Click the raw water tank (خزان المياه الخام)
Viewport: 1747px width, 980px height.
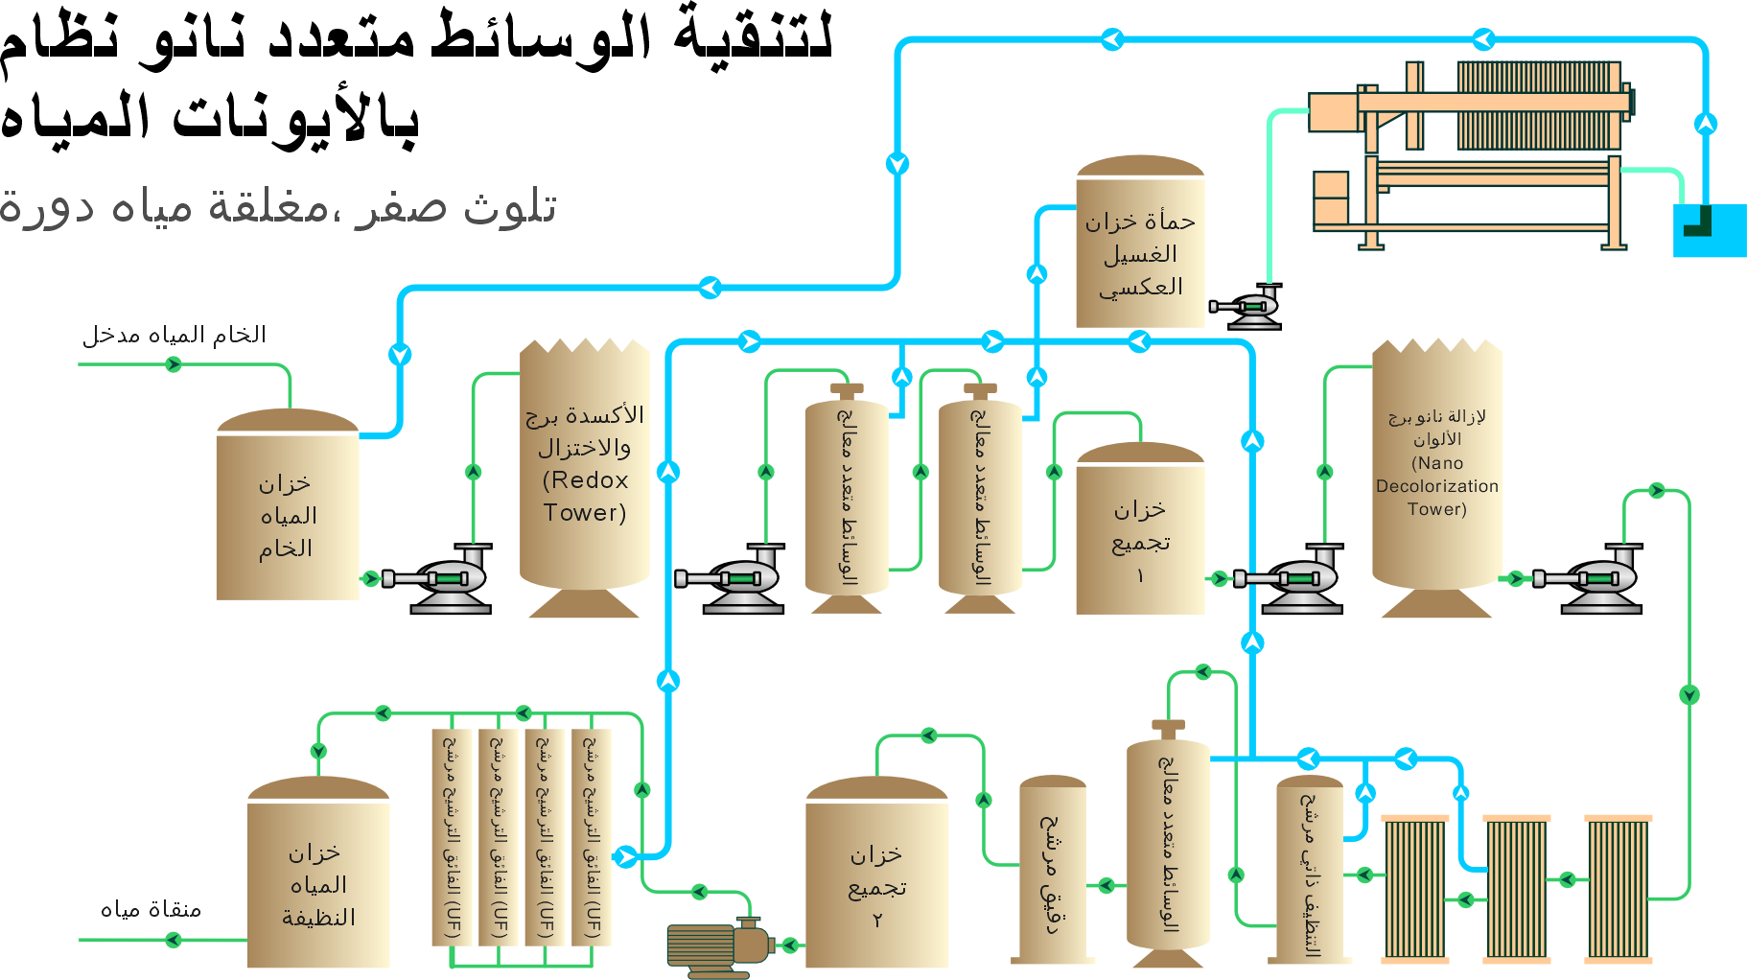coord(288,504)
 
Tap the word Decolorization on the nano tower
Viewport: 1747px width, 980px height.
coord(1436,486)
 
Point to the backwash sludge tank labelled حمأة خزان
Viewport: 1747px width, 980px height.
coord(1140,242)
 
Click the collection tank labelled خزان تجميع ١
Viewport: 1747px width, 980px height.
coord(1140,527)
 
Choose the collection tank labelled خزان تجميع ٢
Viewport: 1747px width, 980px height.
coord(876,872)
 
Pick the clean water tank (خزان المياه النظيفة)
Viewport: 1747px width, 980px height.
coord(318,872)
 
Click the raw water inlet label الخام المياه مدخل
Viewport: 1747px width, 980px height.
coord(174,335)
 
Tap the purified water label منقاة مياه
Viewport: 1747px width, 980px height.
coord(151,909)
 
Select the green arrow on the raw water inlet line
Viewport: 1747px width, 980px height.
coord(174,364)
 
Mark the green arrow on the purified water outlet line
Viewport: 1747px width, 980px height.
coord(174,940)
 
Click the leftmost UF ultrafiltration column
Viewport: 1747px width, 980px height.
coord(453,836)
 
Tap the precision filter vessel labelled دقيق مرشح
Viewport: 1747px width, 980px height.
coord(1053,869)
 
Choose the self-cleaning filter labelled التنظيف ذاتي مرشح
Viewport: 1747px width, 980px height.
coord(1310,869)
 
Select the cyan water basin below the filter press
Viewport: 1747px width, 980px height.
coord(1710,230)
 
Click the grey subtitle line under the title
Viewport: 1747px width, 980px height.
coord(278,207)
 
